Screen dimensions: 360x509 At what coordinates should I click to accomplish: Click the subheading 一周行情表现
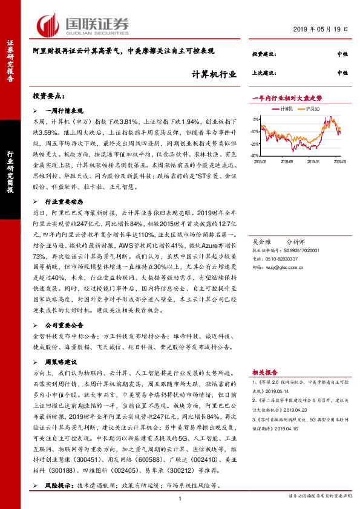[x=64, y=111]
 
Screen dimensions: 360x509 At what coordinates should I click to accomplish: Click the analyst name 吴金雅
[x=261, y=241]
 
